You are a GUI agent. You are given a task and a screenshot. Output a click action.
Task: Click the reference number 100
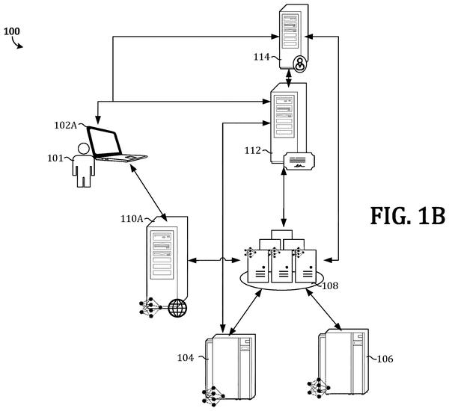coord(12,31)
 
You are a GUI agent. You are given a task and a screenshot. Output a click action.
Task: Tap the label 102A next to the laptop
coord(66,126)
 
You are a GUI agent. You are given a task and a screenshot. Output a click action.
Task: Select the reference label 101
coord(55,158)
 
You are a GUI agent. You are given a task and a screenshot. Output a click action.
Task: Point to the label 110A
coord(132,219)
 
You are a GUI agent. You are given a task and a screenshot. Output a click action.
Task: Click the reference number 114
coord(262,57)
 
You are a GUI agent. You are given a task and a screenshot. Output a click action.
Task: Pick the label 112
coord(253,150)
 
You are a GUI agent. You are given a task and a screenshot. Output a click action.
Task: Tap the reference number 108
coord(330,285)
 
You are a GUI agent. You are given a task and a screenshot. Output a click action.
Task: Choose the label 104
coord(186,357)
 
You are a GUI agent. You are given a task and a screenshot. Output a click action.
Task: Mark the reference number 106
coord(385,359)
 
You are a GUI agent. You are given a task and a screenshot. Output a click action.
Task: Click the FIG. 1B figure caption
coord(408,216)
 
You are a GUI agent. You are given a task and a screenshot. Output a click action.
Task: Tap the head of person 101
coord(83,149)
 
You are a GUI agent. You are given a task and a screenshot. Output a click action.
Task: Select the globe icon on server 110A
coord(177,308)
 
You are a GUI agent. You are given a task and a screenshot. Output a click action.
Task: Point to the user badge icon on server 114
coord(300,64)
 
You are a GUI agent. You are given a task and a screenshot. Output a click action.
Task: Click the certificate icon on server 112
coord(299,161)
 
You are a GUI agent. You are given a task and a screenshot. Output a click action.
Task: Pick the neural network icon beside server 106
coord(319,388)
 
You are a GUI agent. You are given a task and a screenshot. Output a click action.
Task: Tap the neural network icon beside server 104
coord(213,396)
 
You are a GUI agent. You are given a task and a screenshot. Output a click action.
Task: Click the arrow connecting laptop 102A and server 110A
coord(148,193)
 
